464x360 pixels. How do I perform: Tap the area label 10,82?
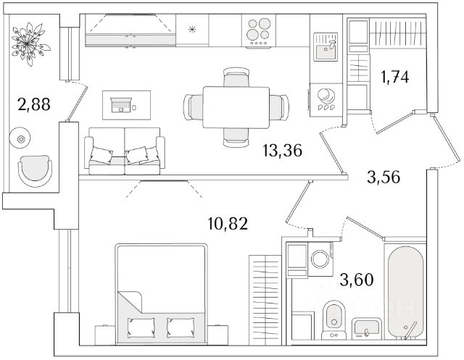(229, 223)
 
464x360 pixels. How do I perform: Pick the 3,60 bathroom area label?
(359, 276)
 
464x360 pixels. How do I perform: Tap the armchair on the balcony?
(35, 172)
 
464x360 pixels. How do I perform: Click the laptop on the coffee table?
(120, 106)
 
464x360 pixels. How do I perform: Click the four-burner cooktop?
(259, 32)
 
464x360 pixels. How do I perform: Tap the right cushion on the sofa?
(137, 154)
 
